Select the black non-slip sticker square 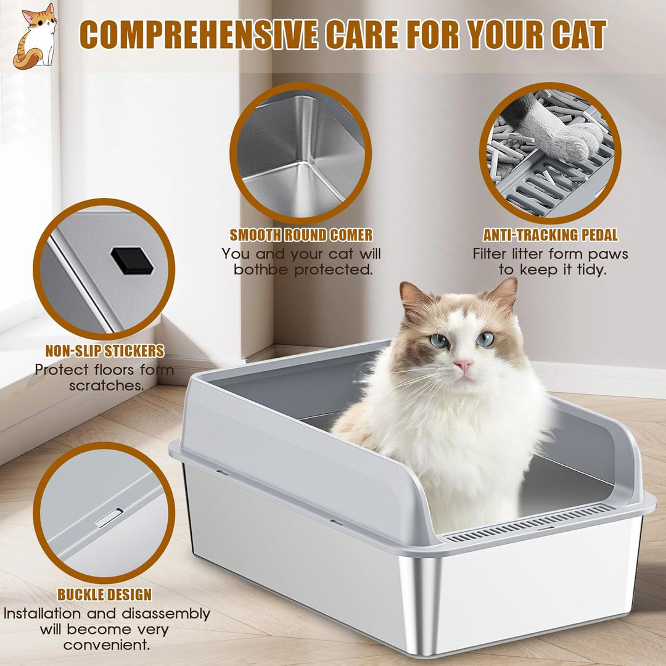[132, 261]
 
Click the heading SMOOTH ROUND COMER [301, 235]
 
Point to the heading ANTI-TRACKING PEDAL [551, 235]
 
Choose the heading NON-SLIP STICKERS [104, 351]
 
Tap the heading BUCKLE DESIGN [104, 594]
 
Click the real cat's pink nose [463, 364]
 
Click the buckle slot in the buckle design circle [109, 518]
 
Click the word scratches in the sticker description [107, 385]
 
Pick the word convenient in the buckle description [107, 645]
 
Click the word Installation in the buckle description [42, 614]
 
